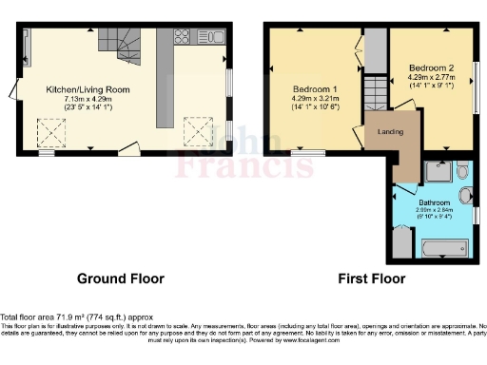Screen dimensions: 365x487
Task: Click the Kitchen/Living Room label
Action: [x=88, y=89]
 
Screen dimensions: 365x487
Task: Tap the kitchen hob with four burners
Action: [x=183, y=37]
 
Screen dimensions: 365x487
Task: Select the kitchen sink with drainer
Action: [x=213, y=37]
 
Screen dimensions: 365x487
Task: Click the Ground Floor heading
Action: [x=120, y=279]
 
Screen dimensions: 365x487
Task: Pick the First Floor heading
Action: [x=372, y=279]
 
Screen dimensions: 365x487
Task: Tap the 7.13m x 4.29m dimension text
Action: [x=88, y=99]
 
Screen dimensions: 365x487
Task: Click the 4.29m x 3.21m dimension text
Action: [x=313, y=97]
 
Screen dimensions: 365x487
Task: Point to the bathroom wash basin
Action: [x=465, y=198]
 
